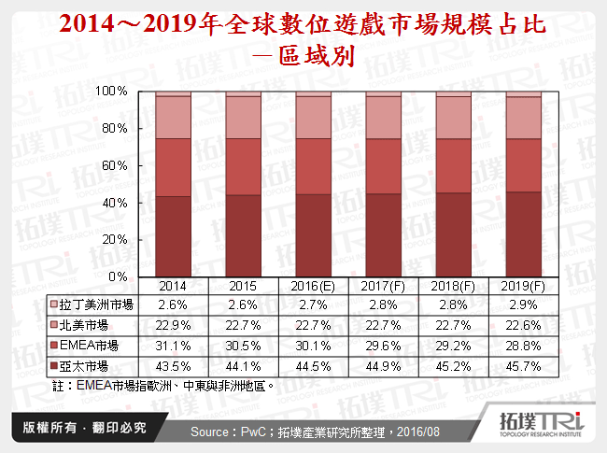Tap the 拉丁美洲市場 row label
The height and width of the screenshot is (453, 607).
[x=96, y=304]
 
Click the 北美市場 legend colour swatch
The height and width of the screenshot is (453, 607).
[x=54, y=325]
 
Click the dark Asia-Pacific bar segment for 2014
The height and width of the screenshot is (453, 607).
[x=173, y=236]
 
